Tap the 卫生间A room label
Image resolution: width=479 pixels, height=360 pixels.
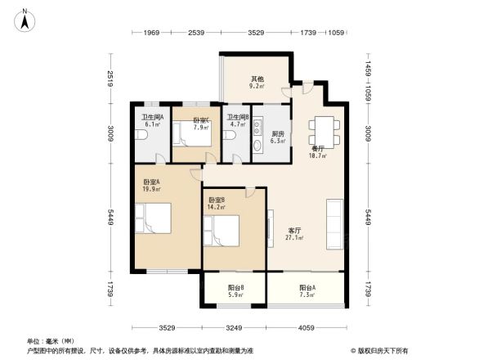[x=152, y=118]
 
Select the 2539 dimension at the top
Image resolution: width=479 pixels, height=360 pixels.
[x=195, y=34]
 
